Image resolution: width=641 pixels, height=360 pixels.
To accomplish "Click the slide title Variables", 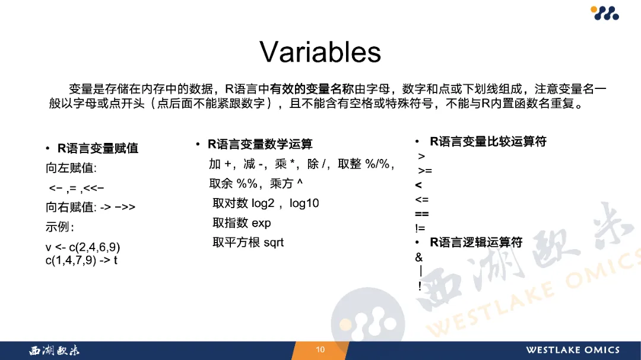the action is tap(320, 52).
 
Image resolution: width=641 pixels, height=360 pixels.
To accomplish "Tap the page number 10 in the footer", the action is tap(320, 350).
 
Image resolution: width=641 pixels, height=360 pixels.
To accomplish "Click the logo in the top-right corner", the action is tap(605, 12).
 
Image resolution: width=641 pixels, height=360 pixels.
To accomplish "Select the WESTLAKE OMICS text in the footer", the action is tap(573, 350).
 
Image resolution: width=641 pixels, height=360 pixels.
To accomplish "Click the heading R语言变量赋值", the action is tap(98, 148).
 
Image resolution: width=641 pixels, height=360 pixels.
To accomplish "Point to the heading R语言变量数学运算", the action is tap(260, 144).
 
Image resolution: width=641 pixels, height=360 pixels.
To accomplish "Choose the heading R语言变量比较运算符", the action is tap(488, 142).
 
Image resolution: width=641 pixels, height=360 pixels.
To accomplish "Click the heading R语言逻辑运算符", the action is tap(476, 243).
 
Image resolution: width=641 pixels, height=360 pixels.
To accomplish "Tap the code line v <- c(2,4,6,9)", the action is tap(83, 247).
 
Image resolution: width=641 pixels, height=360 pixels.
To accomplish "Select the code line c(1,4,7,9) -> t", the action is tap(81, 260).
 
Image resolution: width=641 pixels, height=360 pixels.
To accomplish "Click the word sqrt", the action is tap(274, 243).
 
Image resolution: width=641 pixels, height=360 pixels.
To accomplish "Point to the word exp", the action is tap(261, 224).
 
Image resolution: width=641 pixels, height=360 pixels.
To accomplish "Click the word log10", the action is tap(304, 203).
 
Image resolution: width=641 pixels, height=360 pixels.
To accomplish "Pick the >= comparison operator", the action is tap(425, 171).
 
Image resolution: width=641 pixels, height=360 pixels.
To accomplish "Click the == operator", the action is tap(422, 214).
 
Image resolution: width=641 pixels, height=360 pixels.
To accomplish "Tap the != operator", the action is tap(420, 228).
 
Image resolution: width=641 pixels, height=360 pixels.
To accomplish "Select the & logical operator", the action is tap(418, 257).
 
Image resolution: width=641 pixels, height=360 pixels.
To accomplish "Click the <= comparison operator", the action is tap(422, 200).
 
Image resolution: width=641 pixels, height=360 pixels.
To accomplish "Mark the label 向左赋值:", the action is tap(71, 168).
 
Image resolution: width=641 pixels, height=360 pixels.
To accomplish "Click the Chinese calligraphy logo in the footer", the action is tap(55, 350).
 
